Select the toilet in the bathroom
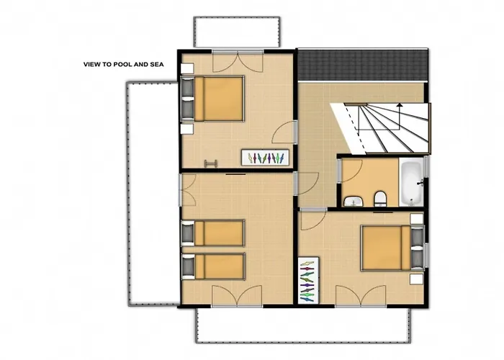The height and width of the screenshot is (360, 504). [381, 199]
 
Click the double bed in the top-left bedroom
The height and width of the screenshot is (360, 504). [219, 99]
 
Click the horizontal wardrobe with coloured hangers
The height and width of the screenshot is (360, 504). [266, 157]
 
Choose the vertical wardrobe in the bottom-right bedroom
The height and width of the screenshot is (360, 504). [307, 279]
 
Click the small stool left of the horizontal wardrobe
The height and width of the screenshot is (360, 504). [212, 163]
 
